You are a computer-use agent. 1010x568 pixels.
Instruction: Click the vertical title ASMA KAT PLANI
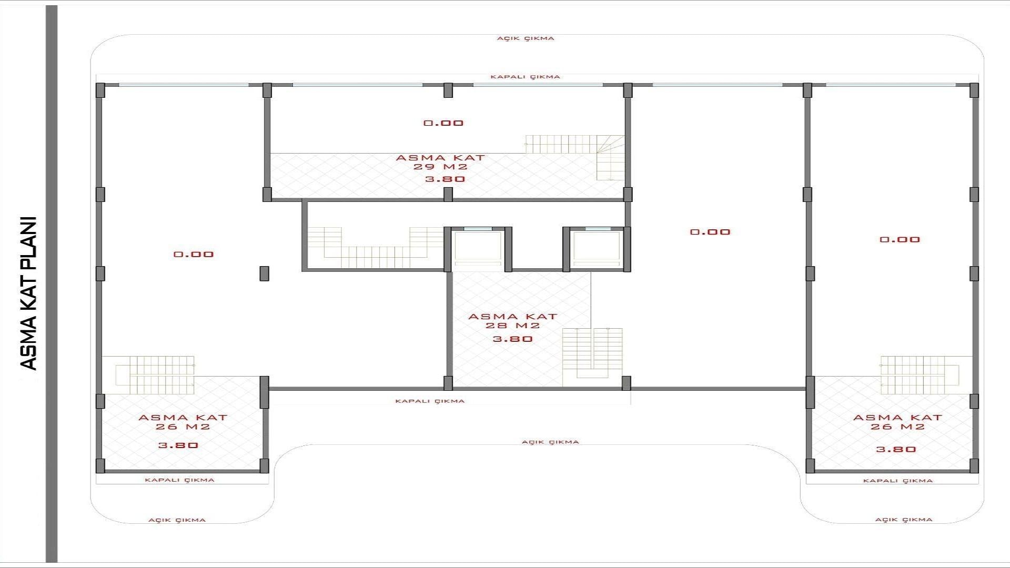pyautogui.click(x=28, y=292)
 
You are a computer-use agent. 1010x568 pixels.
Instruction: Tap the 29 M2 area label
pyautogui.click(x=440, y=167)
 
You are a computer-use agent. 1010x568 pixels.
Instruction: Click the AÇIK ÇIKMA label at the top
pyautogui.click(x=526, y=38)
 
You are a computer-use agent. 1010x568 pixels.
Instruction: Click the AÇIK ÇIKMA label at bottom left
pyautogui.click(x=177, y=520)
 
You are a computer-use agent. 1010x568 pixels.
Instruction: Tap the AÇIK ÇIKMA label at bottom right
pyautogui.click(x=904, y=520)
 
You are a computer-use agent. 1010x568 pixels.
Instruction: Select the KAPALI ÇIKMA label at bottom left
pyautogui.click(x=179, y=480)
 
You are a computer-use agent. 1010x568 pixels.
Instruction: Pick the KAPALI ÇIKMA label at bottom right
pyautogui.click(x=898, y=481)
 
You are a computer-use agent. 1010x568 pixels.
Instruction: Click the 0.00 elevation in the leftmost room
pyautogui.click(x=194, y=255)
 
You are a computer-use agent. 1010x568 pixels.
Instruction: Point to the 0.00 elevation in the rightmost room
pyautogui.click(x=900, y=240)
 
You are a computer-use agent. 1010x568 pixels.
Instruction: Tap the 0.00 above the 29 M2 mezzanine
pyautogui.click(x=443, y=123)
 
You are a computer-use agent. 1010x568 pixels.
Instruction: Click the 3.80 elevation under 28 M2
pyautogui.click(x=513, y=339)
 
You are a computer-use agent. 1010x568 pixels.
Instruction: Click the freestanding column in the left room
pyautogui.click(x=265, y=273)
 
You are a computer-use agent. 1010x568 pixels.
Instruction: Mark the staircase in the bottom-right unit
pyautogui.click(x=920, y=375)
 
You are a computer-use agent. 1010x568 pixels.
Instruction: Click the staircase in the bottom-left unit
pyautogui.click(x=155, y=376)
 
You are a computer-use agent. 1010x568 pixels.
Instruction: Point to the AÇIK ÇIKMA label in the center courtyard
pyautogui.click(x=550, y=442)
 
